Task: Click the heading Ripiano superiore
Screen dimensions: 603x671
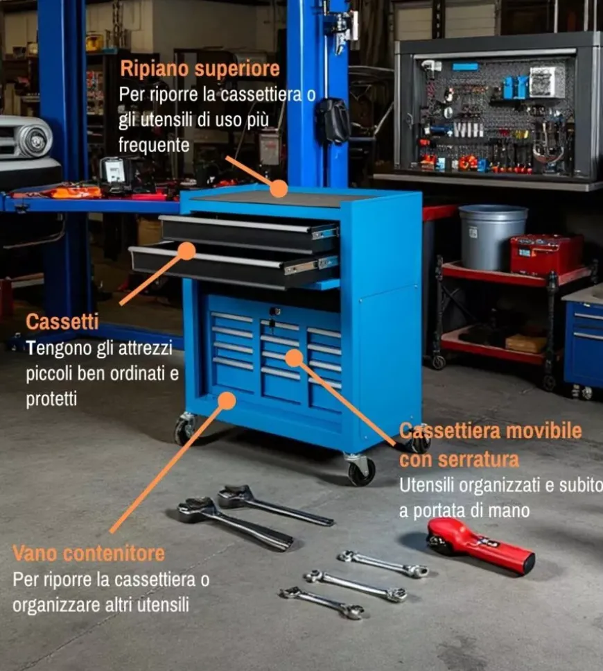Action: pos(200,69)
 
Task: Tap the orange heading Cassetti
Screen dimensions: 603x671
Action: pos(62,322)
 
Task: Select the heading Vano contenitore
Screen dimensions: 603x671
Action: pos(89,553)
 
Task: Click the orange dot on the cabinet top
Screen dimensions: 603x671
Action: pos(279,189)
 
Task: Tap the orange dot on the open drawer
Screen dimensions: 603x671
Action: pos(186,250)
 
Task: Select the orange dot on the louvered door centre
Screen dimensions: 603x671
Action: pos(294,358)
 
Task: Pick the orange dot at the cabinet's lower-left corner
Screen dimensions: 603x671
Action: pos(227,400)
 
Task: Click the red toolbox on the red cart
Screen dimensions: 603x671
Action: pos(547,254)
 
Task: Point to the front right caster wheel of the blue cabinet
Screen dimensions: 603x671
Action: pos(362,470)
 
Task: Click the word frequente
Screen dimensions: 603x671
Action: pos(154,145)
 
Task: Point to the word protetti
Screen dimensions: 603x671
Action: pos(51,399)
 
